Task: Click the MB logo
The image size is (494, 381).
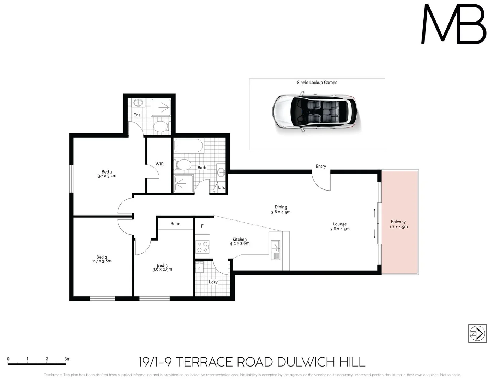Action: coord(454,25)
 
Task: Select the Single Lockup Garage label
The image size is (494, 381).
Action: coord(317,83)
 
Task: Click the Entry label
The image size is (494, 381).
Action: coord(321,166)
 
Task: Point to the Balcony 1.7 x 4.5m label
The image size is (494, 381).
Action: coord(398,224)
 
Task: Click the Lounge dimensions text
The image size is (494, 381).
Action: coord(340,229)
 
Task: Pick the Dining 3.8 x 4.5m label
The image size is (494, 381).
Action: coord(281,210)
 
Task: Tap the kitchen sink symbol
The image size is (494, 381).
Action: coord(275,250)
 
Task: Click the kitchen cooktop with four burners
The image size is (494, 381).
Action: coord(203,247)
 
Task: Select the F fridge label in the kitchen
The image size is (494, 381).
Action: coord(202,226)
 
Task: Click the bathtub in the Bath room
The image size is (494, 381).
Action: coord(189,146)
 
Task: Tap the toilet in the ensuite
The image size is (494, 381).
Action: coord(161,127)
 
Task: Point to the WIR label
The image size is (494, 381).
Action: coord(159,164)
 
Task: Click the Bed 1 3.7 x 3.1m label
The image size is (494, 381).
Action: coord(107,174)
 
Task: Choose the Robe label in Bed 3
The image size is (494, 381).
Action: coord(175,224)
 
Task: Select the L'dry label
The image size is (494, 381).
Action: coord(213,282)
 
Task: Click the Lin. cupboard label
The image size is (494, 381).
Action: coord(221,187)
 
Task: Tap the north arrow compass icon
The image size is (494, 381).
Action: coord(477,333)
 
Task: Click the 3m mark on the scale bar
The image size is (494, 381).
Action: coord(67,359)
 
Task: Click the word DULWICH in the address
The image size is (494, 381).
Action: coord(306,362)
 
